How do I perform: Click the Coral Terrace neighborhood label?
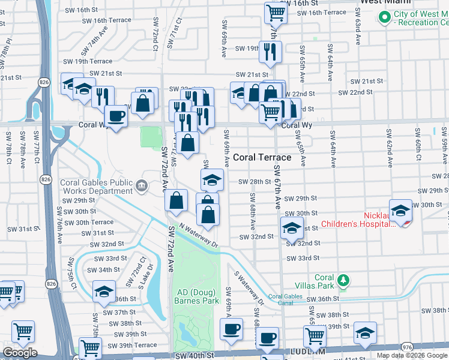coord(262,157)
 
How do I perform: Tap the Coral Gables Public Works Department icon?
coord(141,186)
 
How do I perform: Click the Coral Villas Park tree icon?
coord(343,280)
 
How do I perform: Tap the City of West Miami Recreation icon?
coord(384,18)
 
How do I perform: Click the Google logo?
coord(20,353)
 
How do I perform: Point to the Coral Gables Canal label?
coord(289,299)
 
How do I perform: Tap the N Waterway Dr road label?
coord(195,234)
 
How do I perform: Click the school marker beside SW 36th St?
coord(104,291)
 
